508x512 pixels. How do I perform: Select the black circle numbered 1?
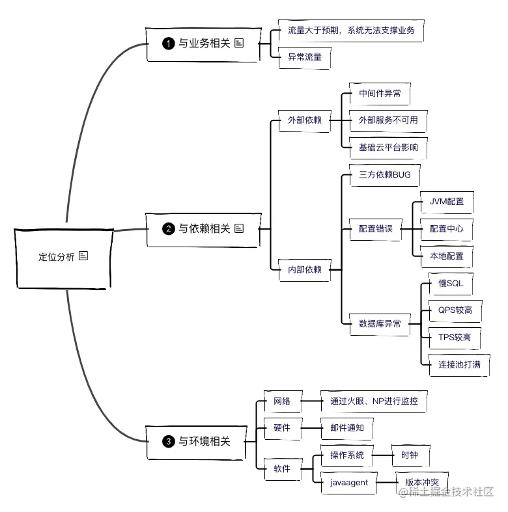(x=169, y=44)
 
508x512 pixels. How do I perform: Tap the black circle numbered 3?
(x=169, y=442)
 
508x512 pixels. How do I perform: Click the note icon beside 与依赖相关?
(x=239, y=228)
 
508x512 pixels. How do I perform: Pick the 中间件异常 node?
(x=380, y=94)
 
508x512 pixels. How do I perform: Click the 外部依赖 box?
(x=304, y=120)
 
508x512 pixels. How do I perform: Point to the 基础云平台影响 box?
(x=388, y=148)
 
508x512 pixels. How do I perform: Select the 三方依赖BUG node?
(x=380, y=175)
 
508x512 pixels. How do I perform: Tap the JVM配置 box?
(x=447, y=202)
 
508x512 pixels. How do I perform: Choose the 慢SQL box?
(x=446, y=284)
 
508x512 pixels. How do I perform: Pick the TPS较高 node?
(x=455, y=338)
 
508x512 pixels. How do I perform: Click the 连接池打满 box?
(x=459, y=364)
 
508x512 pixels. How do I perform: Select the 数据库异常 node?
(x=380, y=323)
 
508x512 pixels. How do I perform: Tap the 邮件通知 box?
(x=347, y=428)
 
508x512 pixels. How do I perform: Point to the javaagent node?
(x=350, y=482)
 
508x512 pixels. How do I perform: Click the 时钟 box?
(x=410, y=455)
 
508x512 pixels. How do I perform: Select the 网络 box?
(x=282, y=401)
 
